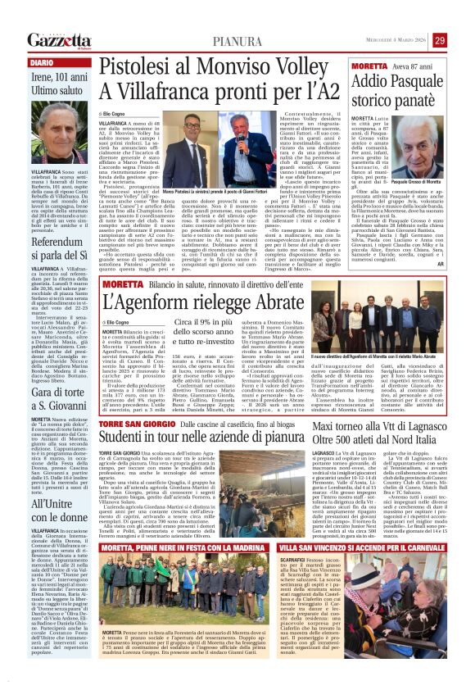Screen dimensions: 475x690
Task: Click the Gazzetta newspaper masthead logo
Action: (x=59, y=40)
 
